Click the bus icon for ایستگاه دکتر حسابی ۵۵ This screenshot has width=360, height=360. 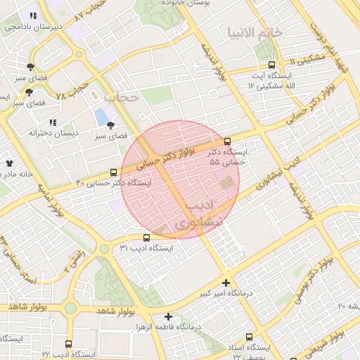click(226, 142)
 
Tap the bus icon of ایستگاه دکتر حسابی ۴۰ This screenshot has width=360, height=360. click(114, 172)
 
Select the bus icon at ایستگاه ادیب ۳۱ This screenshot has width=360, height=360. click(146, 238)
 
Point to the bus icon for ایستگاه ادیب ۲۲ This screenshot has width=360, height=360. click(68, 345)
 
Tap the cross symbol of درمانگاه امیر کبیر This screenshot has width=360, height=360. click(226, 283)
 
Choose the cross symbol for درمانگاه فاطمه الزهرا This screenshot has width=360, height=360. click(168, 317)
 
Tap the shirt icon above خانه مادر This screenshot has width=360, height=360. click(10, 163)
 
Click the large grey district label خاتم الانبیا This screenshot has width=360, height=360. click(255, 32)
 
